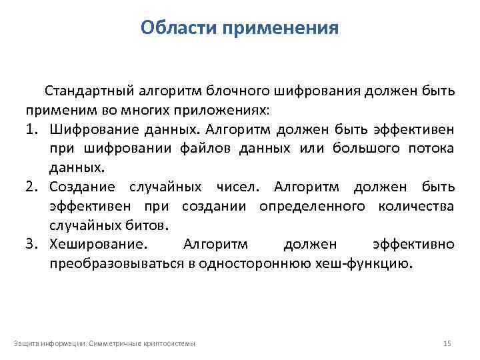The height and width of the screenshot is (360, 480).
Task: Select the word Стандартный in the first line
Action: [89, 91]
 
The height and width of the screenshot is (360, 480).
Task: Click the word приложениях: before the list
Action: [230, 109]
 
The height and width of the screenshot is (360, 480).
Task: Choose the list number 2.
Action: [33, 187]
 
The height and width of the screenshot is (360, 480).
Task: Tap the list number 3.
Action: [33, 244]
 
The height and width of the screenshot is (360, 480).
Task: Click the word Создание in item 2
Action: [82, 187]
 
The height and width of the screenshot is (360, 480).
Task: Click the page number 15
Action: [447, 343]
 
